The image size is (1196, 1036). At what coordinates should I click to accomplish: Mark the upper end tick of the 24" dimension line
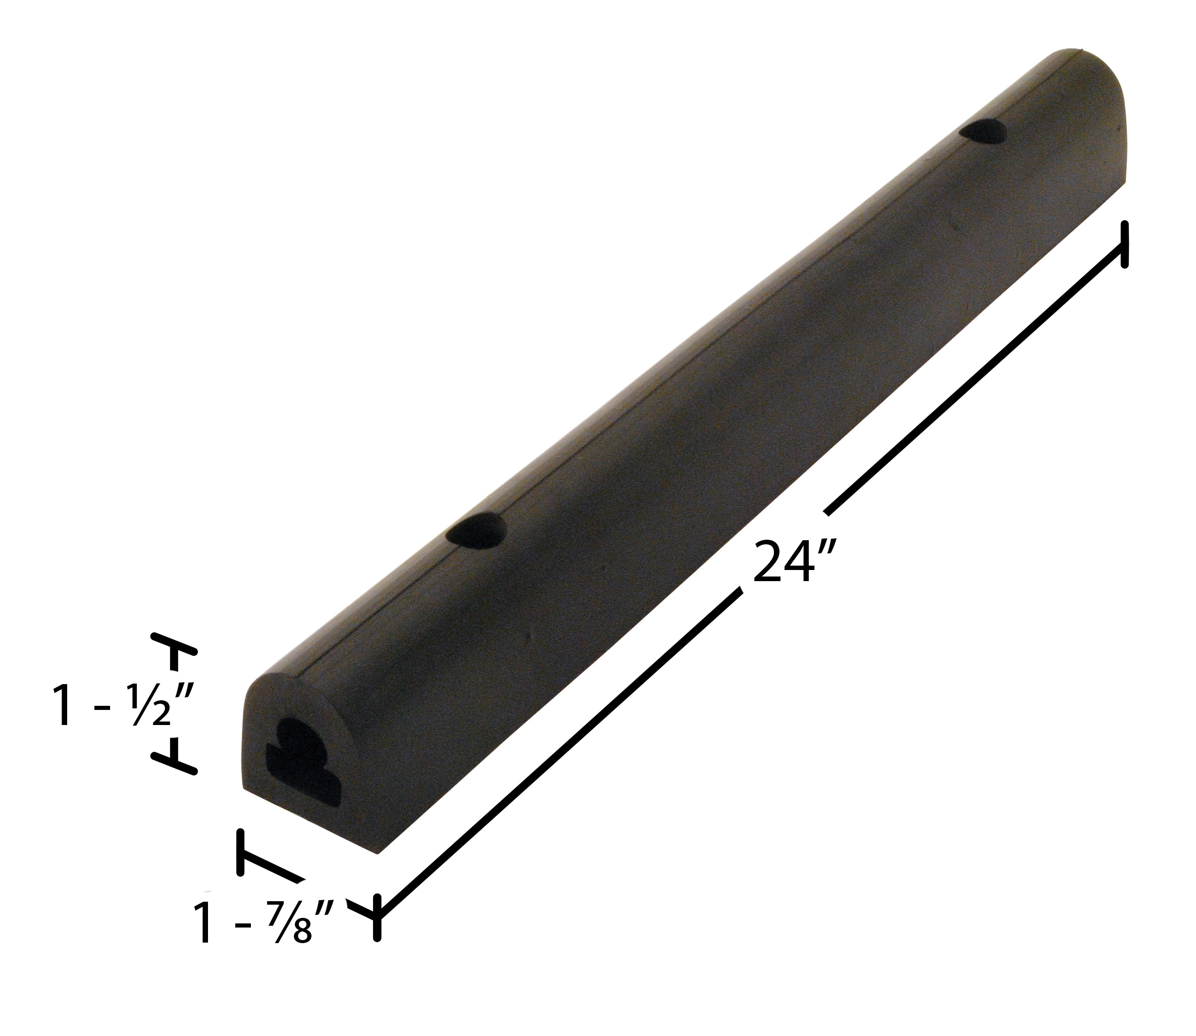click(x=1124, y=252)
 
